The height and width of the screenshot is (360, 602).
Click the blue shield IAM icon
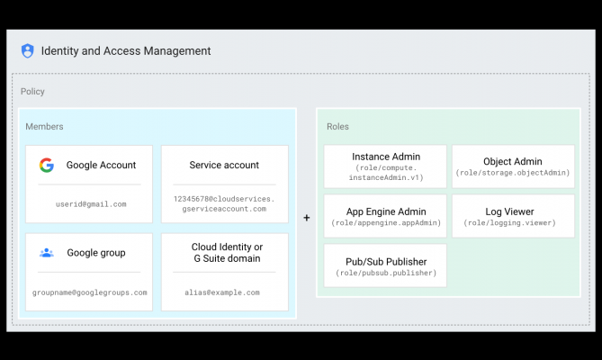point(27,50)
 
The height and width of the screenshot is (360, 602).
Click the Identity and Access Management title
point(126,51)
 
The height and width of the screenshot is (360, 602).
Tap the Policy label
point(32,91)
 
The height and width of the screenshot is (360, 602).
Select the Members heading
point(44,127)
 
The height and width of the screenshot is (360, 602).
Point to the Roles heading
point(337,127)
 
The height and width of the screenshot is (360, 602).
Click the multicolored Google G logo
point(47,165)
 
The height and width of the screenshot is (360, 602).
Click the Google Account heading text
point(101,165)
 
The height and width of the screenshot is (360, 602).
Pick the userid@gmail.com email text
point(91,204)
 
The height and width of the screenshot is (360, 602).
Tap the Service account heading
point(224,165)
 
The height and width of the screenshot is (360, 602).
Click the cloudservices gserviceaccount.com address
point(224,203)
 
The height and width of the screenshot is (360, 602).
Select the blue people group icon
point(47,253)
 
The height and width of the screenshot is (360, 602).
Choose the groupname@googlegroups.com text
point(89,292)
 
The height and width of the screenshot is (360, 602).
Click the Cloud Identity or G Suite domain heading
point(227,253)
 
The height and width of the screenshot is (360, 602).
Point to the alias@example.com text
point(222,292)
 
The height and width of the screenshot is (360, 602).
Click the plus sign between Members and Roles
point(306,218)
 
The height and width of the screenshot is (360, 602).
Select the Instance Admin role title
point(386,157)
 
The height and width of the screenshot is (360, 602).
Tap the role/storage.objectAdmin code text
point(513,173)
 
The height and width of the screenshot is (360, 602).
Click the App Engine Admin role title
point(386,211)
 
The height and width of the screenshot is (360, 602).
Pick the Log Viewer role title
point(509,211)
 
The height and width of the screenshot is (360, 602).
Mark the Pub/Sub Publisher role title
point(386,262)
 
